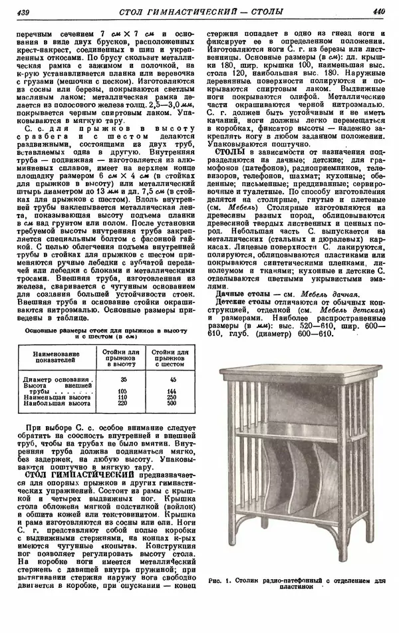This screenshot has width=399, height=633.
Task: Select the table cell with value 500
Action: coord(171,403)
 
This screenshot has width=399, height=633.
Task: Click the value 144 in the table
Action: coord(171,391)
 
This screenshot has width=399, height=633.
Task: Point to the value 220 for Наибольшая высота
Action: coord(123,403)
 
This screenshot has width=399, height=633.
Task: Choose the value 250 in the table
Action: coord(171,397)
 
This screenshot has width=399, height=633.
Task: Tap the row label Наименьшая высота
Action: coord(57,397)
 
